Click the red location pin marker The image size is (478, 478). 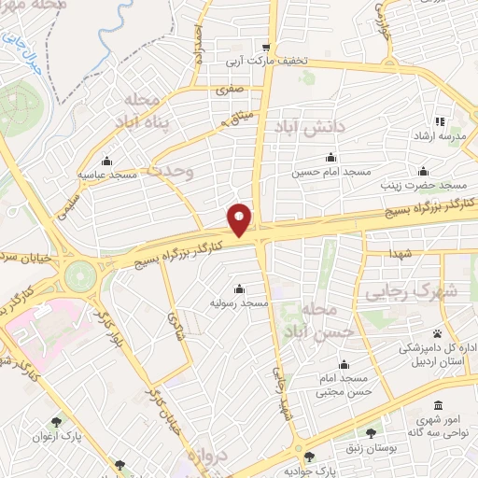[241, 218]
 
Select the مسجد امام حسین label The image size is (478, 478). [320, 172]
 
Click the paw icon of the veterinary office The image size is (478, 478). [436, 332]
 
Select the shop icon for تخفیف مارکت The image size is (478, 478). [266, 49]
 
